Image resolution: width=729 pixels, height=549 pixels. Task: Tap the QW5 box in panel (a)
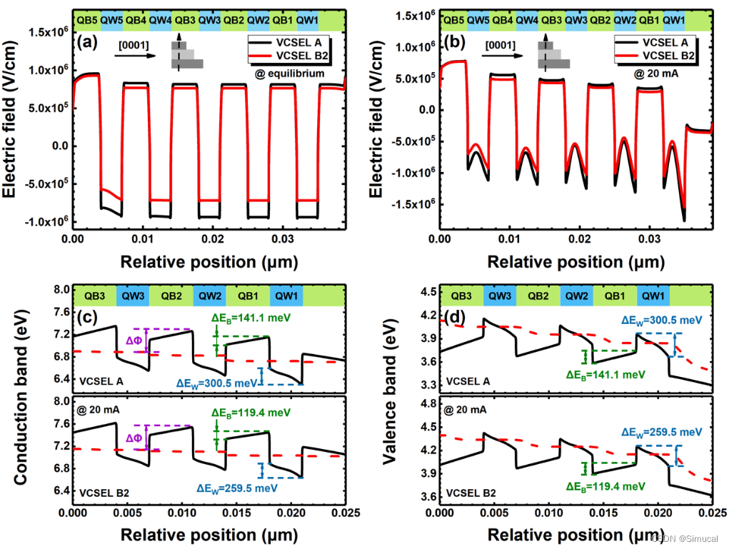[112, 19]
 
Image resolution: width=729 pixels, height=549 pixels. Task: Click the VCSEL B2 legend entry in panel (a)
[295, 56]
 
